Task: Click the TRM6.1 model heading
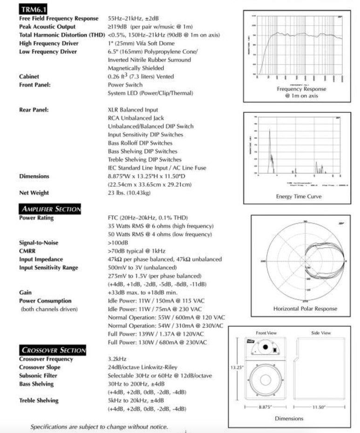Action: (x=34, y=8)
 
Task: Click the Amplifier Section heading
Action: (x=50, y=209)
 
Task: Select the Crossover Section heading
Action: (x=52, y=350)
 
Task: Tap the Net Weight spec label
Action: (x=34, y=193)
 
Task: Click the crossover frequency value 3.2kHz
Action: (x=116, y=359)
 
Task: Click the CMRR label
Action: (x=28, y=250)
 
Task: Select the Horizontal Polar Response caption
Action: (x=305, y=308)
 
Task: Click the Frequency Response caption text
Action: (x=301, y=88)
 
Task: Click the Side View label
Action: (x=320, y=333)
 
